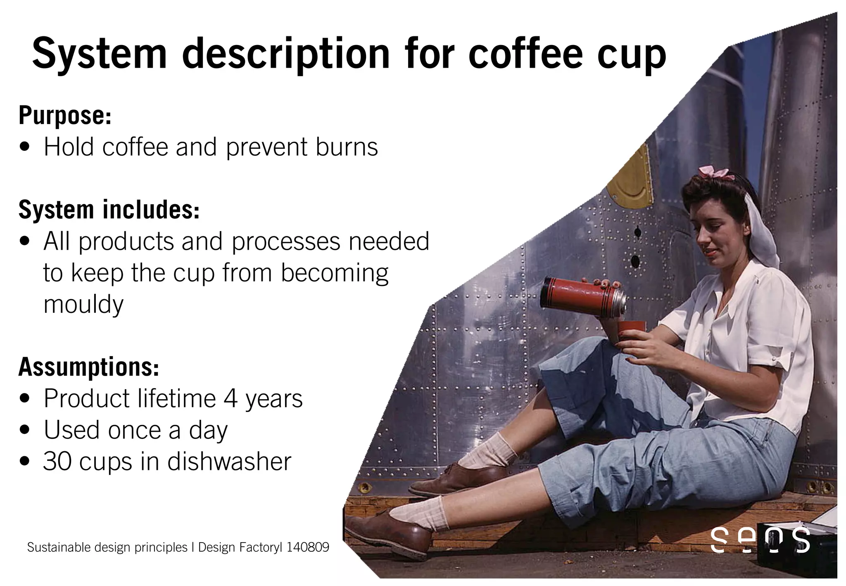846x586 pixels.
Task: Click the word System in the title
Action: click(100, 54)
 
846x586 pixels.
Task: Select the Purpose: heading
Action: click(65, 115)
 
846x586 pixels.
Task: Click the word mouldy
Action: click(83, 305)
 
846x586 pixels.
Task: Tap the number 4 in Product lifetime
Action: click(231, 398)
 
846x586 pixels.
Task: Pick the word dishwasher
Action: click(229, 461)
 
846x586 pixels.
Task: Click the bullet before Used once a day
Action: click(25, 430)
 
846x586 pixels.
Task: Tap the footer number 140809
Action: click(308, 547)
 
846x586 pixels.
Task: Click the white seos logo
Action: click(760, 539)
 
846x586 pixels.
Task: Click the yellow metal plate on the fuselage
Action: click(631, 182)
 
